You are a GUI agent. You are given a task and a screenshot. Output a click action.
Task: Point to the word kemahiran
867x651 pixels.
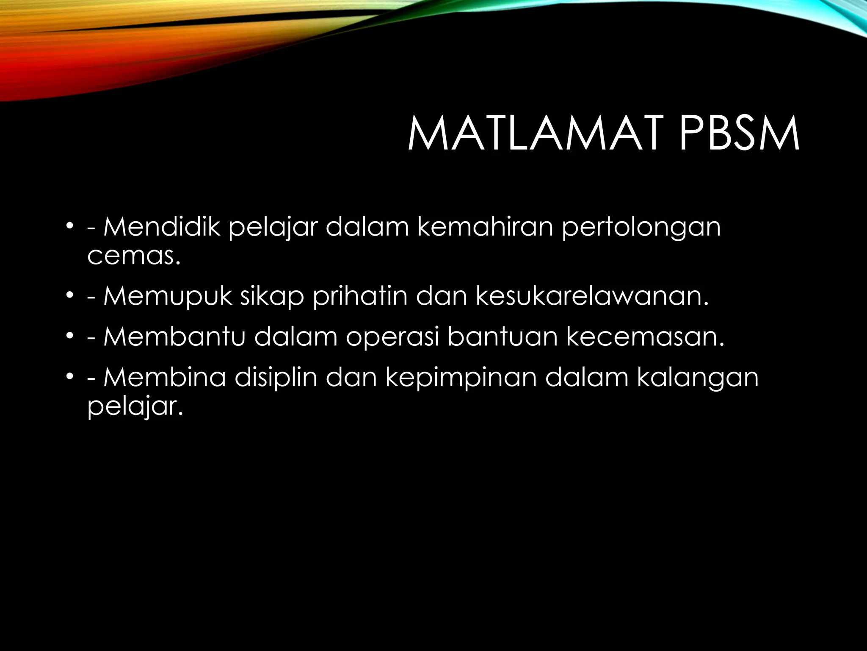485,227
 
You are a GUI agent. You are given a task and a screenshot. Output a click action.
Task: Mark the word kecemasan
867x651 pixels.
645,337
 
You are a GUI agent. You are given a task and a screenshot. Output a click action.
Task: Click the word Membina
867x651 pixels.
165,377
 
